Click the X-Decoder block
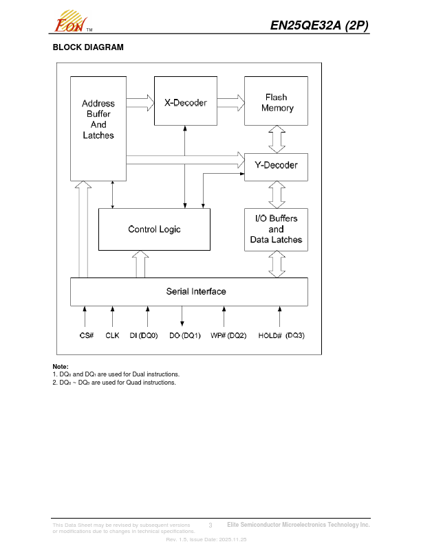point(185,102)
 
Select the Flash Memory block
point(277,102)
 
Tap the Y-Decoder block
point(277,166)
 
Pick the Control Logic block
point(154,229)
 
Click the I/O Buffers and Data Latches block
point(277,229)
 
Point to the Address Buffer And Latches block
point(98,120)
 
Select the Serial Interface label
point(196,291)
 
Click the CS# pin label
point(86,336)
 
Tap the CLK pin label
point(112,336)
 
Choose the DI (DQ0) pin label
point(144,336)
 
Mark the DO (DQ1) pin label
point(185,336)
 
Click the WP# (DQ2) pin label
point(228,336)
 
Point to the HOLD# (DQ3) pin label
point(281,336)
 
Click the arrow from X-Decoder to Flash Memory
point(231,102)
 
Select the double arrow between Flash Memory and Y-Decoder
point(277,139)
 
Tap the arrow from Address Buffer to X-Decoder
point(140,103)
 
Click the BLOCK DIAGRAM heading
point(88,47)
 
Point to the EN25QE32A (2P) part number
point(319,25)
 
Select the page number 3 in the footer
point(210,525)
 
